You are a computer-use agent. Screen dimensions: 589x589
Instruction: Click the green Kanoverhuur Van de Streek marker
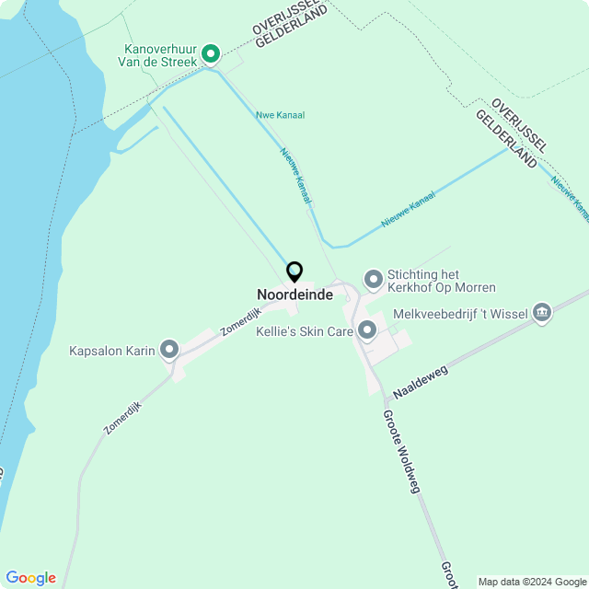tap(210, 55)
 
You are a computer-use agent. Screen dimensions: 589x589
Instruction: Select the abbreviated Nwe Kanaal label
tap(280, 115)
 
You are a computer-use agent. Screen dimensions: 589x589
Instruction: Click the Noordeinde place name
tap(294, 294)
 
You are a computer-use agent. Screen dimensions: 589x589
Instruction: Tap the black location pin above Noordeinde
tap(294, 271)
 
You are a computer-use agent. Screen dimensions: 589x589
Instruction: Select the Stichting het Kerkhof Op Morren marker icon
tap(373, 278)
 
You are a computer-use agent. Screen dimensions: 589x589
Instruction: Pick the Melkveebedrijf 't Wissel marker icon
tap(542, 314)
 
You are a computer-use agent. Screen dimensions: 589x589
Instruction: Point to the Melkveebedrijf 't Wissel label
tap(460, 315)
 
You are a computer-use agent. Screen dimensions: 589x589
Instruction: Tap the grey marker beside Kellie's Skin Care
tap(367, 329)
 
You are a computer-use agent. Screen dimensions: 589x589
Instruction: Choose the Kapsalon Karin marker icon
tap(168, 350)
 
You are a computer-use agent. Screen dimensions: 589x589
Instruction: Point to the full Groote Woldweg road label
tap(401, 451)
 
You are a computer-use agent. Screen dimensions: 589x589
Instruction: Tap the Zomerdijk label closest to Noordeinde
tap(240, 318)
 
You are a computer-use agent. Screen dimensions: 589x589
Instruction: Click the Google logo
tap(30, 578)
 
